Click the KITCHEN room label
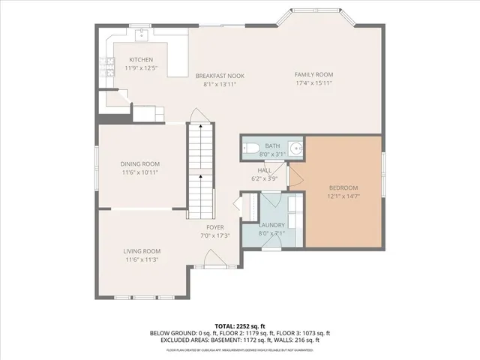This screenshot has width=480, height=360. coord(141,60)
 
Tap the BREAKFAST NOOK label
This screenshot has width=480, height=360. coord(220,76)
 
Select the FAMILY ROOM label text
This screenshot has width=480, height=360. coord(313,74)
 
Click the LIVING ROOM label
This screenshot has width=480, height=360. coord(141,251)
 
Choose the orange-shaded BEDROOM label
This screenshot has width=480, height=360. coord(343,187)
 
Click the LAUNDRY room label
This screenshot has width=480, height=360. coord(271,224)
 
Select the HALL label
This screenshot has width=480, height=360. coord(263,170)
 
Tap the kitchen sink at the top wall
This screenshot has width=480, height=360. coord(140,34)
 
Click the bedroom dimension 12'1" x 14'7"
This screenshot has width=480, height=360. coord(343,196)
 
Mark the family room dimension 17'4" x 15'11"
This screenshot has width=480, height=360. coord(313,83)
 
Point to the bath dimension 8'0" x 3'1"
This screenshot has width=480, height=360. coord(272,154)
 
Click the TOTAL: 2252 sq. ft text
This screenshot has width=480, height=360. coord(239,326)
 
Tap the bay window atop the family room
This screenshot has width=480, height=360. coord(313,16)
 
